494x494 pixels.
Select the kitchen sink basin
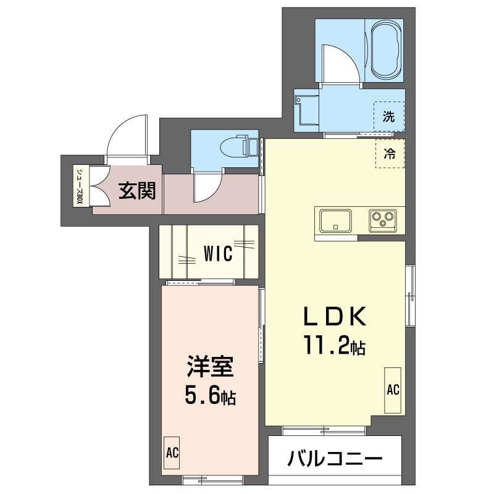tap(335, 221)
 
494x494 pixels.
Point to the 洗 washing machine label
tap(389, 117)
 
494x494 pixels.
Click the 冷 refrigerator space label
tap(390, 154)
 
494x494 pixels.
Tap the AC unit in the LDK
tap(393, 390)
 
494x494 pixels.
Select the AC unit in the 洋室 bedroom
tap(172, 453)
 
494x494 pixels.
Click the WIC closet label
tap(218, 253)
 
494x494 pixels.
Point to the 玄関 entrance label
tap(137, 191)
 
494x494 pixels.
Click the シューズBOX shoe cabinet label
tap(80, 186)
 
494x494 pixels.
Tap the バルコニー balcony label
tap(335, 459)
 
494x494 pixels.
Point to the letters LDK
tap(335, 316)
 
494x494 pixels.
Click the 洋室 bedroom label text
tap(210, 366)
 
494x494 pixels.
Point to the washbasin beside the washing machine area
tap(306, 111)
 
